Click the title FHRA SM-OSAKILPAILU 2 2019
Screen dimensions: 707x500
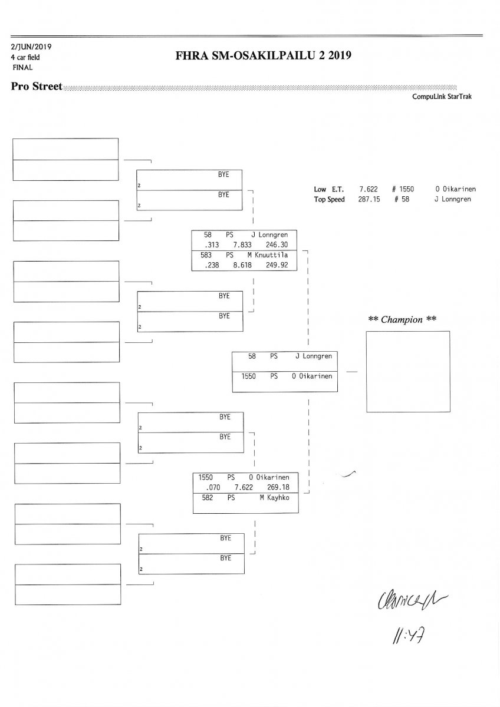(263, 57)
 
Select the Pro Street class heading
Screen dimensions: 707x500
(37, 87)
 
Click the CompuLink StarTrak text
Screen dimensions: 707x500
(442, 97)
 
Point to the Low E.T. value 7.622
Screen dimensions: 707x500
(369, 190)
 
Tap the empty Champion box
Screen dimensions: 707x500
(407, 371)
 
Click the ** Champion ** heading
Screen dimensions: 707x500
(402, 320)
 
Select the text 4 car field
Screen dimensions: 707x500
(25, 57)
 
